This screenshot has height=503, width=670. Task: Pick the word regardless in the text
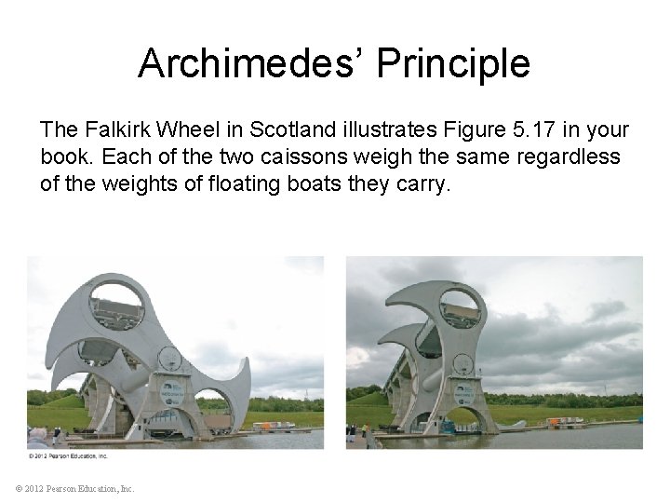568,156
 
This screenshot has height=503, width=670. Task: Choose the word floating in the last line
230,184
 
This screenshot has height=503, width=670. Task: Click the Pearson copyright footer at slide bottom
74,488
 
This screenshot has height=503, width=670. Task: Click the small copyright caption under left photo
68,456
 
